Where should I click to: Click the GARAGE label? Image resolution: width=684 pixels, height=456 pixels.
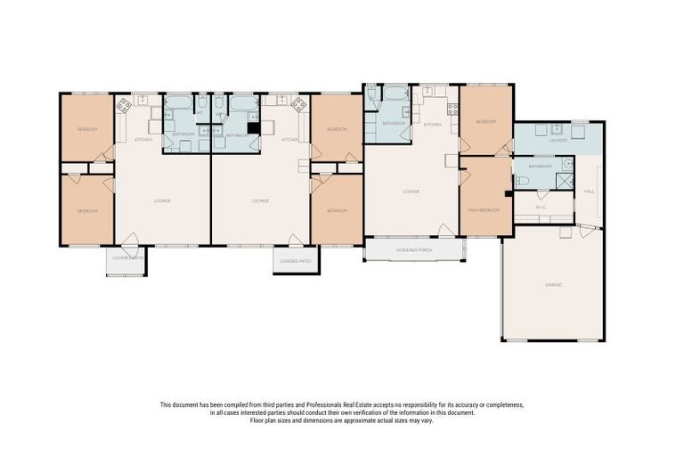pyautogui.click(x=553, y=284)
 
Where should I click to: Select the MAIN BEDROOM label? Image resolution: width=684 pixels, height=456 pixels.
pyautogui.click(x=484, y=210)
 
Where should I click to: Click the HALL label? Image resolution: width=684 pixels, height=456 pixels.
pyautogui.click(x=589, y=191)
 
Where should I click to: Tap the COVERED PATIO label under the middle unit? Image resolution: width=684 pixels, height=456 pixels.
pyautogui.click(x=295, y=261)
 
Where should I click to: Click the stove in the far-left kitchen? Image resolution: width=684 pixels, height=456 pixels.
pyautogui.click(x=123, y=105)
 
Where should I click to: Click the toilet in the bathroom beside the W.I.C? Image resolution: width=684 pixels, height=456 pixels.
pyautogui.click(x=524, y=181)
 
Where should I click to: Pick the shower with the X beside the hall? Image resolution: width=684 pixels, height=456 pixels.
pyautogui.click(x=564, y=180)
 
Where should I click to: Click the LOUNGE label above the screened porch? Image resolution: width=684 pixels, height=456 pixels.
pyautogui.click(x=411, y=191)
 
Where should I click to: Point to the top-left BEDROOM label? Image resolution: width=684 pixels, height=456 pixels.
pyautogui.click(x=86, y=129)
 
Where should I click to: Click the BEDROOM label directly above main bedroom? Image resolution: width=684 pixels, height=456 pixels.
pyautogui.click(x=485, y=121)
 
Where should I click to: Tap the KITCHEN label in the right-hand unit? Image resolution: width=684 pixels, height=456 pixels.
pyautogui.click(x=432, y=124)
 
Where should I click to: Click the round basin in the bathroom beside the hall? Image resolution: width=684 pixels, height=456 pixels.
pyautogui.click(x=566, y=164)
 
